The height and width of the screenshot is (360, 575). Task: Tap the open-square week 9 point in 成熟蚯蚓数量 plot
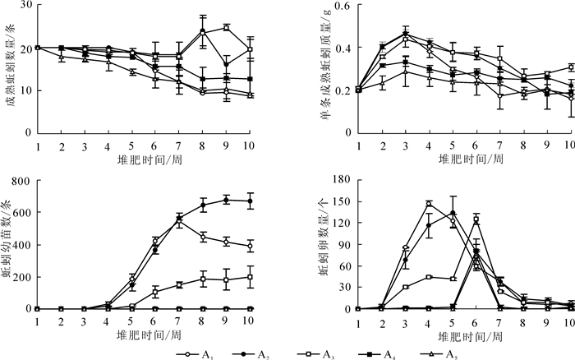pos(227,27)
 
